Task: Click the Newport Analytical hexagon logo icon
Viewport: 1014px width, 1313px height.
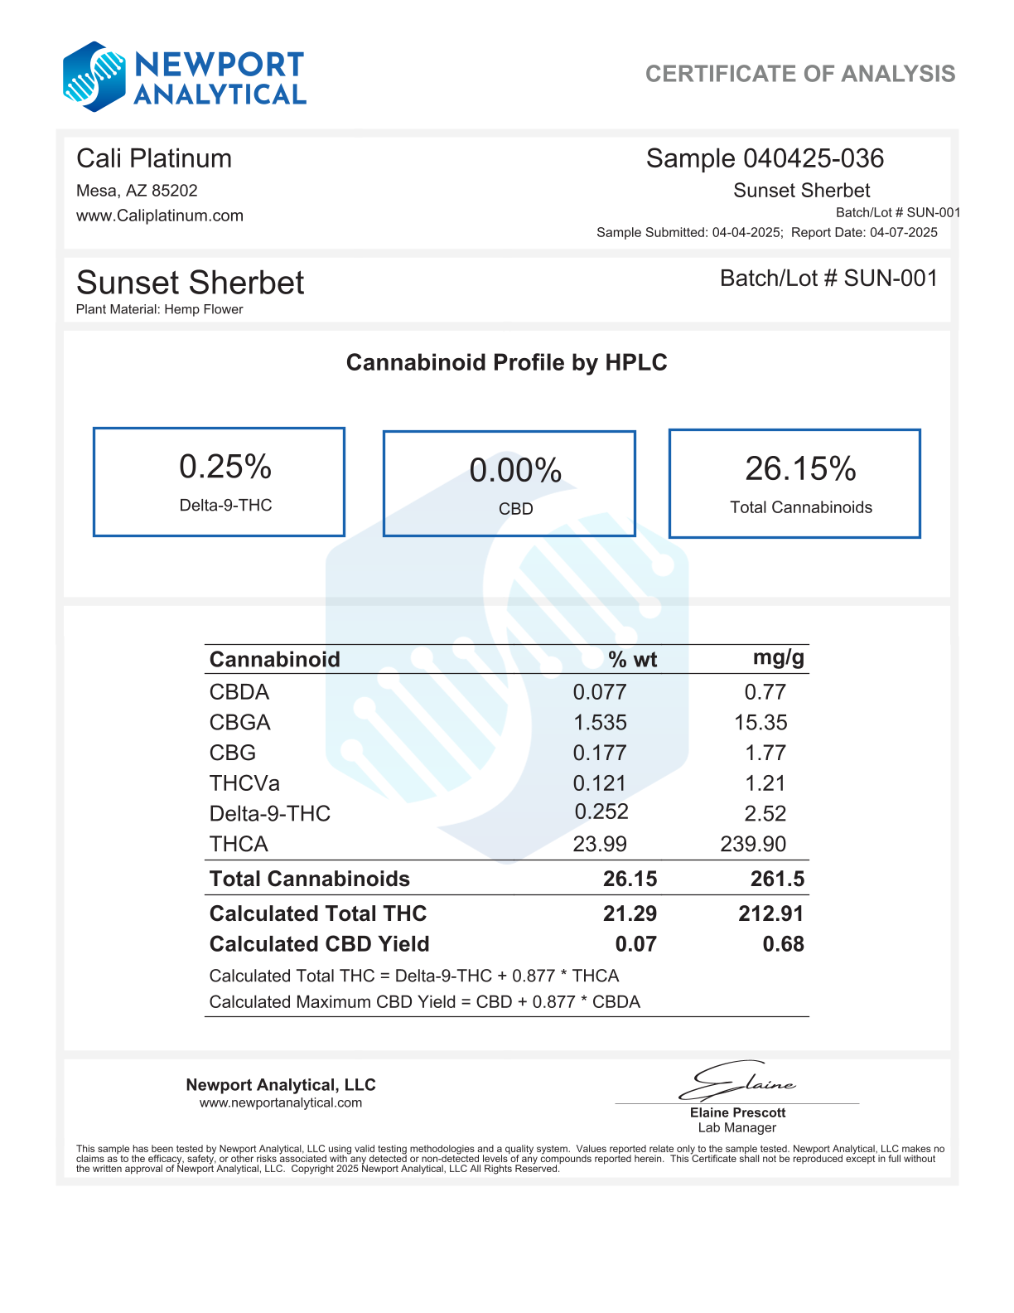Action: (x=94, y=76)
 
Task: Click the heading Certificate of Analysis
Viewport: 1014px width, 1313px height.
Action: (x=799, y=74)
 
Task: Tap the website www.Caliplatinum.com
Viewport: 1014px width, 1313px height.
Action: (x=160, y=216)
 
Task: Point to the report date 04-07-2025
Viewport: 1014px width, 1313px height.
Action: (x=903, y=232)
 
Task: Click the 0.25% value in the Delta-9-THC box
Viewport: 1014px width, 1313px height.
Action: (x=225, y=468)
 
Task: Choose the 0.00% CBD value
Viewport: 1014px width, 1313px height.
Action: (x=515, y=471)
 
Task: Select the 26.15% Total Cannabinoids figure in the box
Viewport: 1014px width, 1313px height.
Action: (x=800, y=469)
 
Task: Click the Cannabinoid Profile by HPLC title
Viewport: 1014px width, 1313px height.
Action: (x=506, y=362)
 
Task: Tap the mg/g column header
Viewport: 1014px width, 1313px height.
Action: (x=778, y=658)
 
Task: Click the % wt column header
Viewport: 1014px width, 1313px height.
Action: (x=632, y=660)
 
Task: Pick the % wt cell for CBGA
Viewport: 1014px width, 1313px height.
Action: (x=600, y=723)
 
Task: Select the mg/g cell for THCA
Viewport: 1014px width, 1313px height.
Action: (x=753, y=844)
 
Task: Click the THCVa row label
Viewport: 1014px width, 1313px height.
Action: (x=244, y=783)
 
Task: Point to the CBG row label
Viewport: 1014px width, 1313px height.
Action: (x=233, y=753)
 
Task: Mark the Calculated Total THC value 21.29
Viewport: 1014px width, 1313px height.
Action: (x=630, y=913)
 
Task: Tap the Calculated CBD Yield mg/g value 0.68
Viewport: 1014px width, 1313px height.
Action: (x=783, y=944)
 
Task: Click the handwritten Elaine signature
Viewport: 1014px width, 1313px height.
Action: (x=736, y=1080)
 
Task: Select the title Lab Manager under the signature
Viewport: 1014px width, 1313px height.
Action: (x=736, y=1127)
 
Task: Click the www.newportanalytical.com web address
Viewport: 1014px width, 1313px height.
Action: (x=281, y=1102)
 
